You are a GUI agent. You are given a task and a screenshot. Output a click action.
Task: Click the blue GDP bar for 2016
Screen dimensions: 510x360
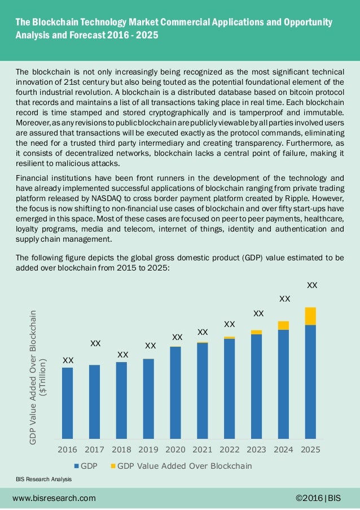pos(68,403)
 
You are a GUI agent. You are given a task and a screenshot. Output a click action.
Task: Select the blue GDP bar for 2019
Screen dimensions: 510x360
pos(148,398)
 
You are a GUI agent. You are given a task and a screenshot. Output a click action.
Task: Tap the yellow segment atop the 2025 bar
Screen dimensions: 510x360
pos(310,316)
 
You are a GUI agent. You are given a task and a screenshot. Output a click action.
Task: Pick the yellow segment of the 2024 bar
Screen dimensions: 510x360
pos(283,325)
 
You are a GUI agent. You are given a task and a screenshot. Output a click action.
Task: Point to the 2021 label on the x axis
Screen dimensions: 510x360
pos(203,450)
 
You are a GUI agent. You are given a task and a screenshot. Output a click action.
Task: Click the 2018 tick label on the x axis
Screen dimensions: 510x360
pos(121,450)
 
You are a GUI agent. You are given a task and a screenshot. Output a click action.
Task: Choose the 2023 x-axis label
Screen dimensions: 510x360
pos(256,450)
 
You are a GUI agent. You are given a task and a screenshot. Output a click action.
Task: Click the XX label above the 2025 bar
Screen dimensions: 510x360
pos(311,286)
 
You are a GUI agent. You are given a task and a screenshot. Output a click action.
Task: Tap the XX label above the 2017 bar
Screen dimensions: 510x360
pos(96,343)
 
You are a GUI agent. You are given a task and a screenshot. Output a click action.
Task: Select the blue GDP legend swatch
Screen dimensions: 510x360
pos(77,467)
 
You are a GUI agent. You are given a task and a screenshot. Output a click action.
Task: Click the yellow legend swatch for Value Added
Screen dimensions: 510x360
pos(113,467)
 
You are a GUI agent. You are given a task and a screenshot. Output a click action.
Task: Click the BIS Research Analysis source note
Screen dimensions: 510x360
pos(44,479)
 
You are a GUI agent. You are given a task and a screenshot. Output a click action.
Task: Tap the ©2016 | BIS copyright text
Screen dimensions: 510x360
pos(318,498)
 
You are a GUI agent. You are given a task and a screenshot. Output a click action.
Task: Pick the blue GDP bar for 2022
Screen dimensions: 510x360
pos(230,389)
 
